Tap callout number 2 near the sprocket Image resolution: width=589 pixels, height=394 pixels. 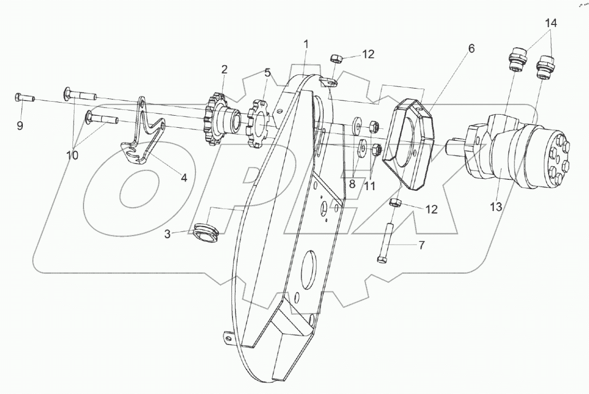224,70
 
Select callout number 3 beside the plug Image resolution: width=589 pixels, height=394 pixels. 168,234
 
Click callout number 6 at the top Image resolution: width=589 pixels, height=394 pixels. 471,48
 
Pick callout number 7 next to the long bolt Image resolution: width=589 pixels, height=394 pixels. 421,246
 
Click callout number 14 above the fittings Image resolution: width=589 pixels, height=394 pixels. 550,23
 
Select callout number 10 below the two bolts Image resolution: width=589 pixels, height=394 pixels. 72,155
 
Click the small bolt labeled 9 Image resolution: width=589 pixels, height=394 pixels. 24,98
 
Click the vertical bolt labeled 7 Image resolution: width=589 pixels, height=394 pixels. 384,242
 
